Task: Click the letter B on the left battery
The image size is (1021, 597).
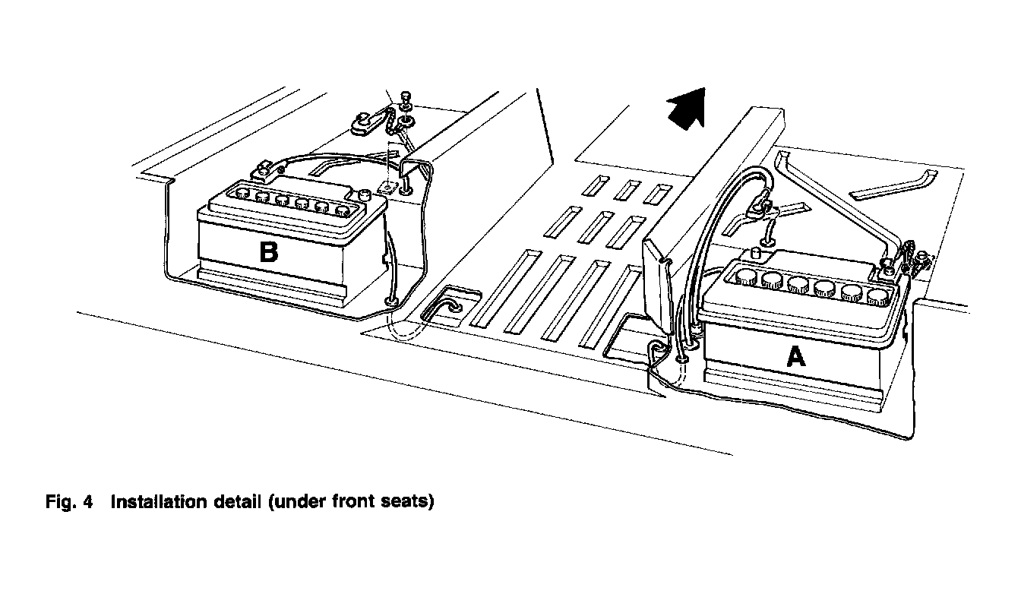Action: click(268, 251)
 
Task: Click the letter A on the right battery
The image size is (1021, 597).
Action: click(795, 355)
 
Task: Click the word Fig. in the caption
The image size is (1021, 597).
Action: click(63, 502)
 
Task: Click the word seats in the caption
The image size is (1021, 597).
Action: click(411, 502)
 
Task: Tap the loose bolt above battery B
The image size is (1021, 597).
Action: click(403, 98)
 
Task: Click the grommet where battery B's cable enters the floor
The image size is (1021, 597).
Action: click(392, 302)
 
